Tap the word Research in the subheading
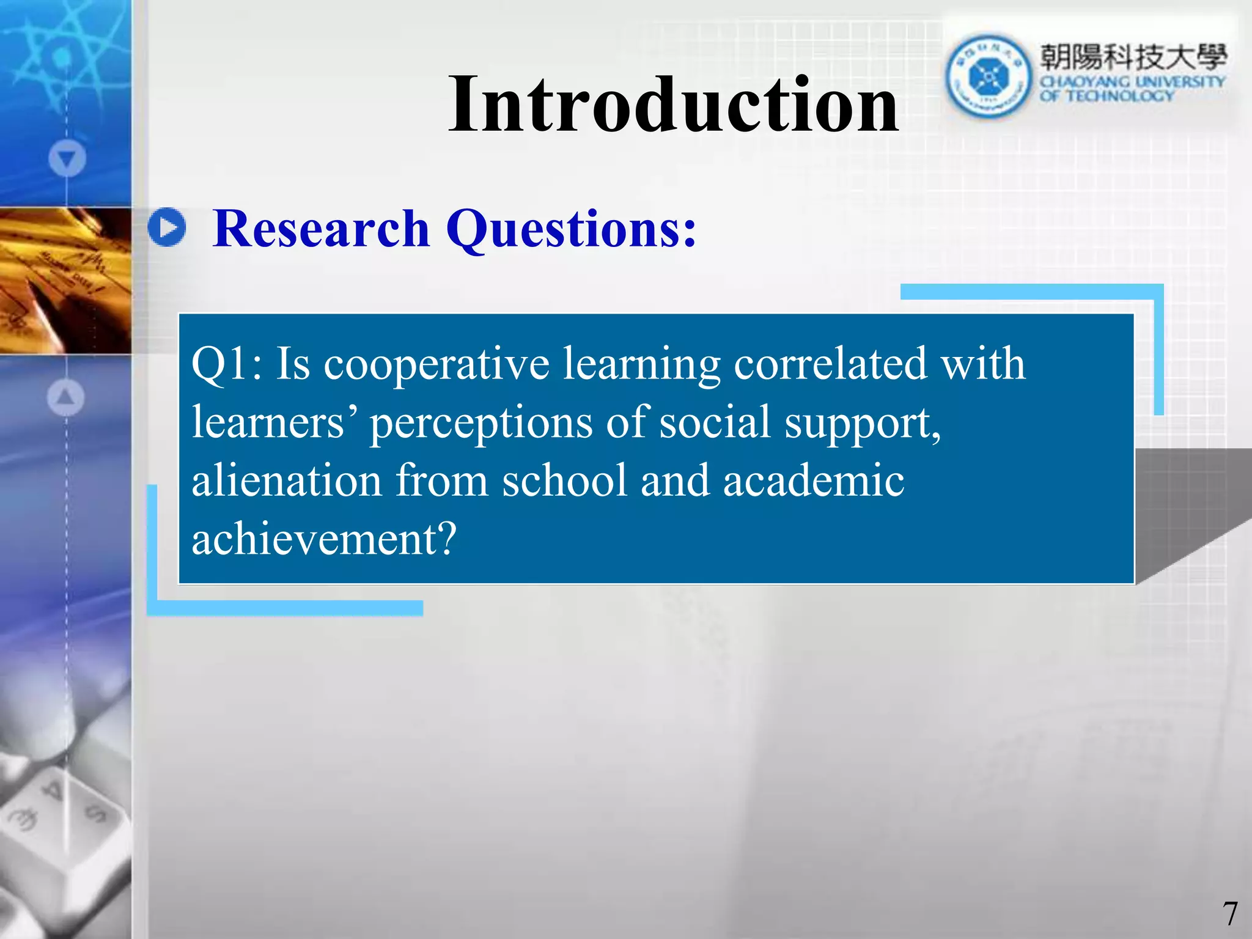321,229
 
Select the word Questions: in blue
571,230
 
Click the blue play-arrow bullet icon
167,227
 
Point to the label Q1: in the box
227,365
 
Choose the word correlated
830,364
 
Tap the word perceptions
481,424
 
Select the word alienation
287,481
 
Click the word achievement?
324,539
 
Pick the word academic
813,481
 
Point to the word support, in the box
863,424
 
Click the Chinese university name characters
1133,57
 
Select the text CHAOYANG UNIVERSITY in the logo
1132,82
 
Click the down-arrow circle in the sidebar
67,159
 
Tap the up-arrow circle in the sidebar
65,397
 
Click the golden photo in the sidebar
65,280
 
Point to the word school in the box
564,481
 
